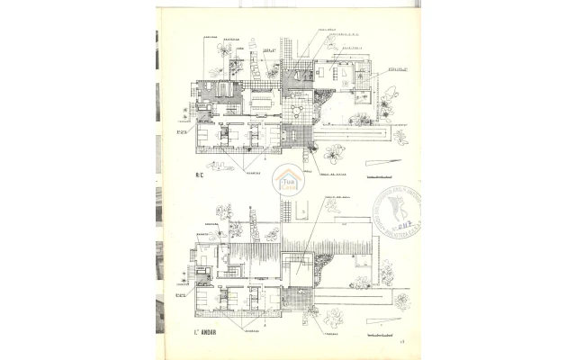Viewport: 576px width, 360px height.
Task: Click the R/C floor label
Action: [x=199, y=175]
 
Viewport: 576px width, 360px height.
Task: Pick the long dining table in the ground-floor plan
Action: [x=265, y=103]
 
